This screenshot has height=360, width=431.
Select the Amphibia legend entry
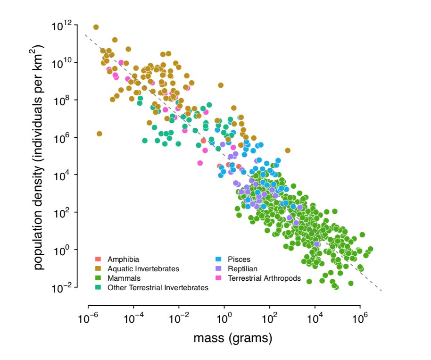coord(123,260)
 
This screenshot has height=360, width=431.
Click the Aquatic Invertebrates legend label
coord(143,269)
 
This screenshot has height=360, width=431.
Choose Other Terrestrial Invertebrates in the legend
coord(157,287)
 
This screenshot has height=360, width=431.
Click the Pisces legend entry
coord(239,260)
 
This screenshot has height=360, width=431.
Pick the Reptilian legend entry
coord(242,269)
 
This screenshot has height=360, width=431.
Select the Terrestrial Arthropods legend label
coord(264,278)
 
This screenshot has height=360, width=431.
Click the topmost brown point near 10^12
coord(96,27)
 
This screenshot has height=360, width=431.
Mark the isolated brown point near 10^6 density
coord(99,134)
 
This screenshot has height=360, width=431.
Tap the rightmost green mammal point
coord(370,249)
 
